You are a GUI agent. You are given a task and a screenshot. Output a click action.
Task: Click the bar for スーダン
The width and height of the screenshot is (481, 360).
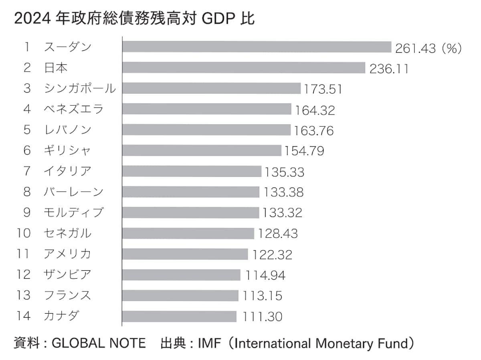pyautogui.click(x=257, y=47)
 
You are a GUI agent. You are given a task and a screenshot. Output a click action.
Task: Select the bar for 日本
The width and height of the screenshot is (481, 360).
pyautogui.click(x=244, y=68)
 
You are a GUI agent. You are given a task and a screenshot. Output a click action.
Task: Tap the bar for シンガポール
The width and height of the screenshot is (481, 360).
pyautogui.click(x=211, y=88)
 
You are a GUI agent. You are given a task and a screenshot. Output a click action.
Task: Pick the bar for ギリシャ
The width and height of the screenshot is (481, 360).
pyautogui.click(x=202, y=151)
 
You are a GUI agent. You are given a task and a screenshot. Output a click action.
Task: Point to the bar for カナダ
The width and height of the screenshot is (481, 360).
pyautogui.click(x=179, y=316)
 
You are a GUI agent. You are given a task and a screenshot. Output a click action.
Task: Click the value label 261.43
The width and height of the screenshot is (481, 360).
pyautogui.click(x=415, y=48)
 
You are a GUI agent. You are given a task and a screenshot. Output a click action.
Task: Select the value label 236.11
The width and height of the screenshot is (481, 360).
pyautogui.click(x=389, y=69)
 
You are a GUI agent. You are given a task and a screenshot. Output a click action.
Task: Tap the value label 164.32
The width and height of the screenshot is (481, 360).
pyautogui.click(x=315, y=110)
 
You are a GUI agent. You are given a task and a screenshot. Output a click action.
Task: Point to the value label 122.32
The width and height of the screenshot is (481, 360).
pyautogui.click(x=273, y=254)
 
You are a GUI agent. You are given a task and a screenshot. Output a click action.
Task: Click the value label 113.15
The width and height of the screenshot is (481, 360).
pyautogui.click(x=263, y=296)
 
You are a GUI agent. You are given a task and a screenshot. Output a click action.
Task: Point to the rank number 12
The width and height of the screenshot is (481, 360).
pyautogui.click(x=24, y=275)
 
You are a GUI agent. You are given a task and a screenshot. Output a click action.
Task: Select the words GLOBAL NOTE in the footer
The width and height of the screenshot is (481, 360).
pyautogui.click(x=99, y=344)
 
